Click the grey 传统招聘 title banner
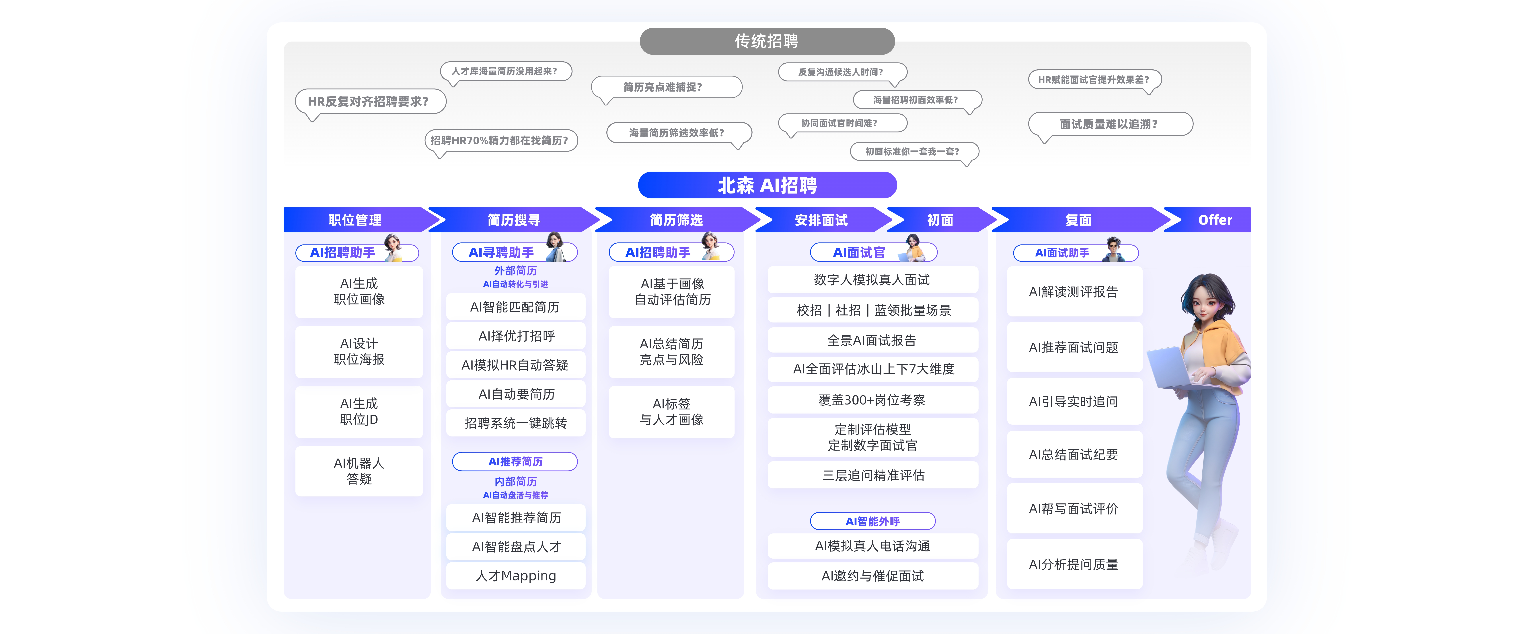(x=767, y=41)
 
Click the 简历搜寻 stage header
(x=513, y=220)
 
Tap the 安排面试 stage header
(x=821, y=220)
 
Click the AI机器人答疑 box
(x=359, y=471)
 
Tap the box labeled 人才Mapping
(x=516, y=576)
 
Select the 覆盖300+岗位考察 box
(x=872, y=400)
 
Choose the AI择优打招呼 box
(x=516, y=336)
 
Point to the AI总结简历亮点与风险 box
(x=672, y=352)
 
